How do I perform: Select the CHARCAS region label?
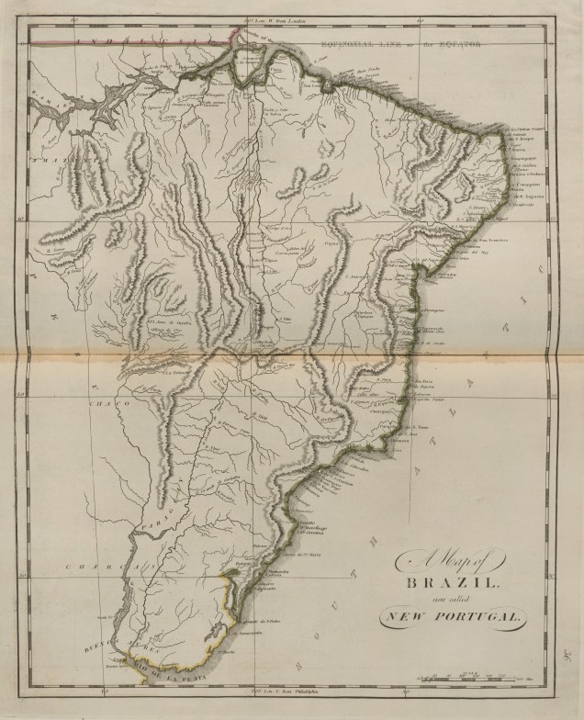pyautogui.click(x=95, y=542)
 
